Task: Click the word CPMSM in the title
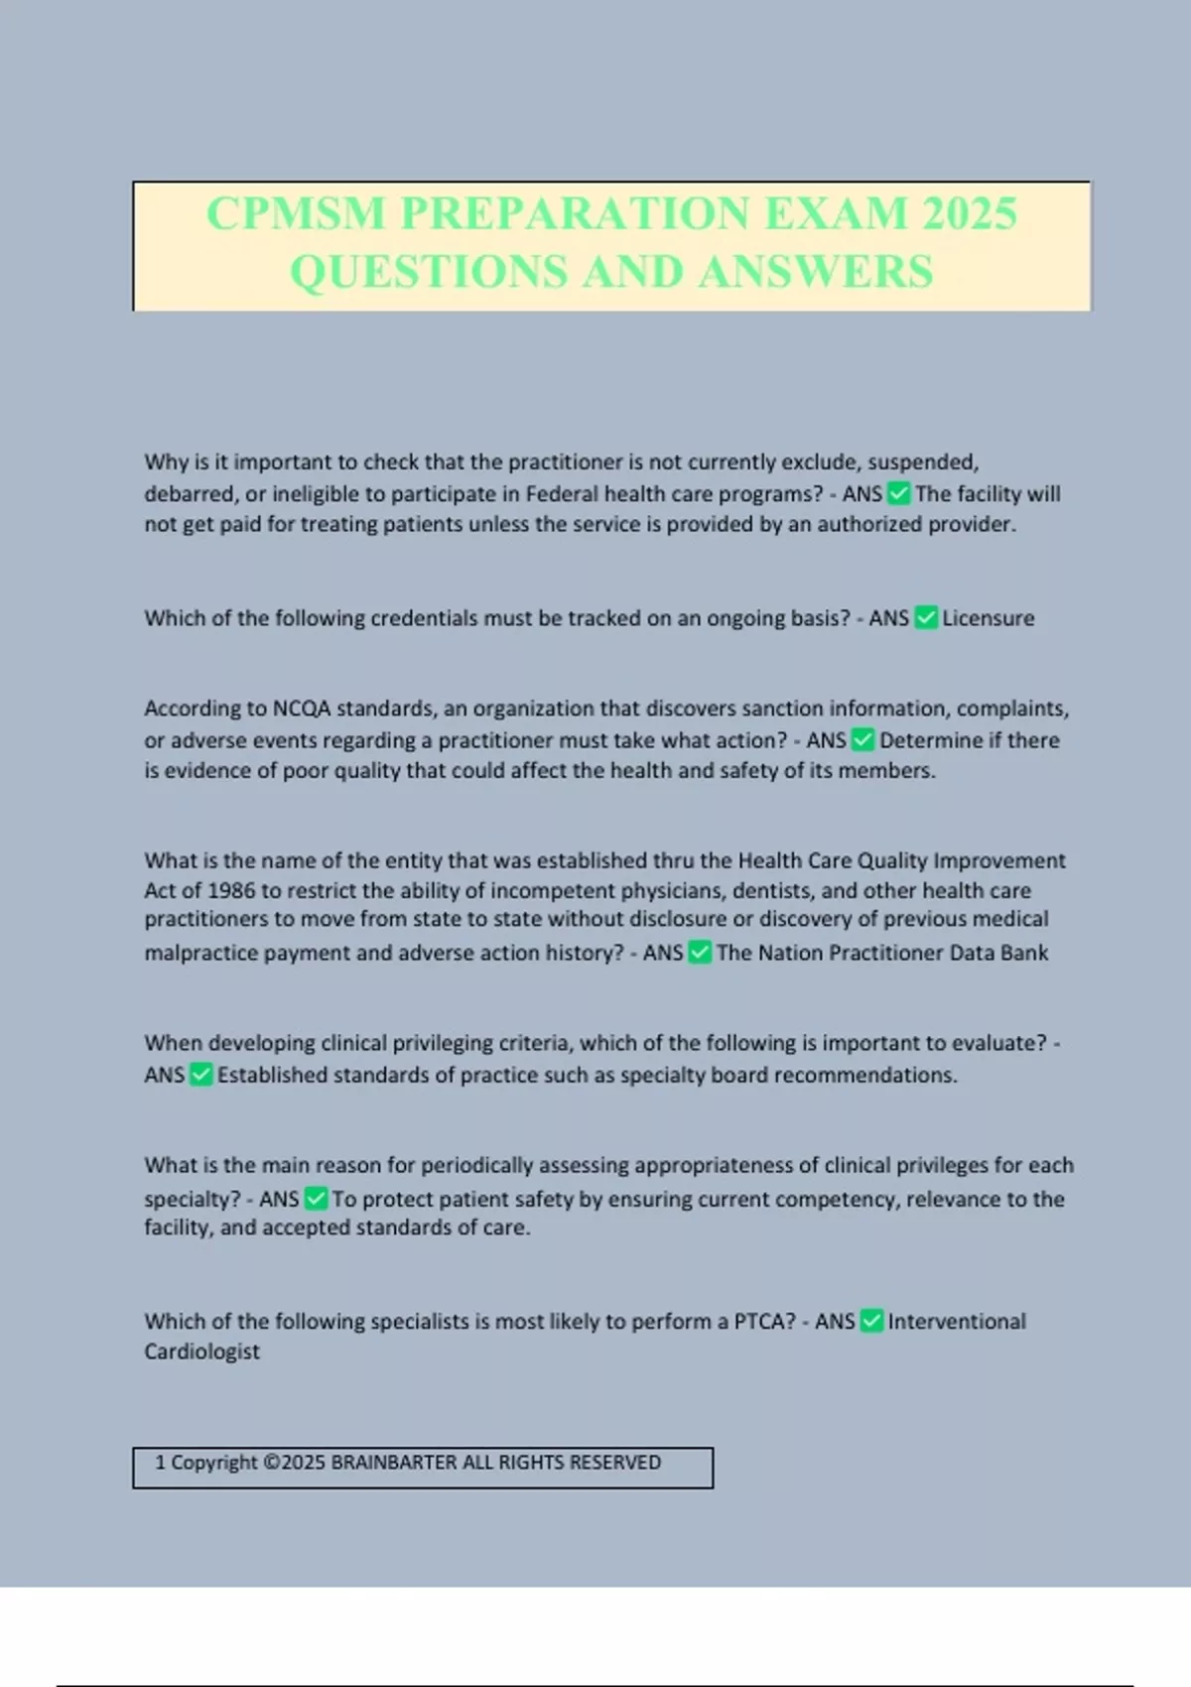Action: [296, 214]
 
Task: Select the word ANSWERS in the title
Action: [816, 272]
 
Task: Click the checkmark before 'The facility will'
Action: [899, 493]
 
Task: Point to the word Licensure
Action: [988, 618]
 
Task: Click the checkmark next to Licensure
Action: [926, 618]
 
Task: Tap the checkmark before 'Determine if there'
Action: [863, 740]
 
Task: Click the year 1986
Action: [231, 890]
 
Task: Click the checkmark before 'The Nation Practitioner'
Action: [700, 953]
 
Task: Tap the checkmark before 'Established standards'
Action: [201, 1075]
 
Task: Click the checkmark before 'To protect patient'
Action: [316, 1199]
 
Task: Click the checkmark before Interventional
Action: [871, 1322]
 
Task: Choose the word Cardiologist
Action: [201, 1352]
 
